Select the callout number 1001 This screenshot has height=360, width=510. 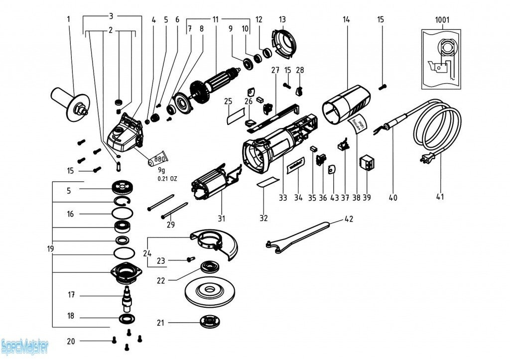coord(442,20)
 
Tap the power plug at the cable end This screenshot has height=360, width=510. coord(427,159)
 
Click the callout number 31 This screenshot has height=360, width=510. coord(221,218)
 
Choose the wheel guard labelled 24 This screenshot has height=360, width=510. coord(214,243)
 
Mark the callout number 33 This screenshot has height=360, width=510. coord(283,198)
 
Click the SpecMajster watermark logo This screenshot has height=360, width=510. coord(25,345)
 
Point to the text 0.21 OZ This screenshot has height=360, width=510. coord(167,178)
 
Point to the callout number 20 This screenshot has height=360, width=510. coord(71,341)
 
